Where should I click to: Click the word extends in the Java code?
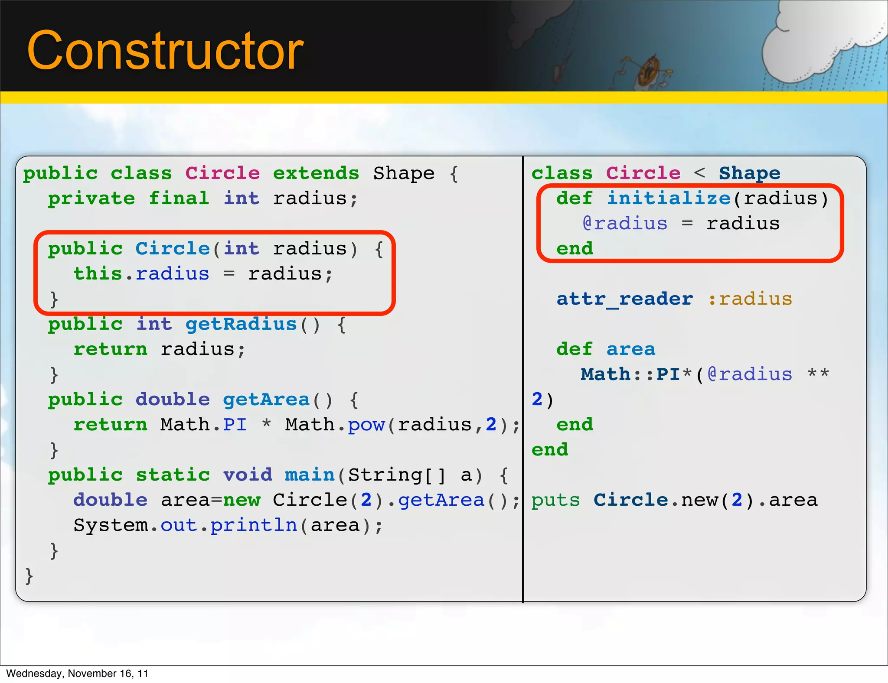(x=316, y=173)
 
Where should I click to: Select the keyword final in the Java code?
(x=179, y=198)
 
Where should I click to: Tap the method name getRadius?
(x=241, y=324)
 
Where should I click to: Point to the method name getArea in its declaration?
(x=266, y=400)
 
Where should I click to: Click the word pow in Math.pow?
(x=366, y=425)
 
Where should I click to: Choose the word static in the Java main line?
(x=173, y=475)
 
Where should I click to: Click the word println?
(x=254, y=525)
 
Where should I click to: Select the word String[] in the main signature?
(x=397, y=475)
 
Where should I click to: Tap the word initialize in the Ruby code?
(x=669, y=198)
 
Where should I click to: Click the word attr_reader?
(x=625, y=299)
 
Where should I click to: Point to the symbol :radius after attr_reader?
(x=750, y=299)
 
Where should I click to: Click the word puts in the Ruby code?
(x=555, y=500)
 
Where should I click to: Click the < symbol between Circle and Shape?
(x=699, y=173)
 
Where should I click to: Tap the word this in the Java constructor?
(x=98, y=274)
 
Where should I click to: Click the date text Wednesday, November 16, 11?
(x=77, y=673)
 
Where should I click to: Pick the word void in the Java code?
(x=248, y=475)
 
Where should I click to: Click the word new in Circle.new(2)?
(x=699, y=500)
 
